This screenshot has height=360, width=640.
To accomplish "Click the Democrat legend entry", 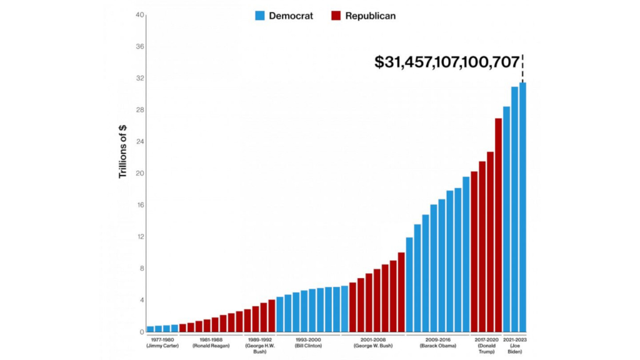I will click(x=284, y=16).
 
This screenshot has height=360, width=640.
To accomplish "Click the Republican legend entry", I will click(x=363, y=16).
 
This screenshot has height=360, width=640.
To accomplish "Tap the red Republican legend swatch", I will click(x=335, y=16).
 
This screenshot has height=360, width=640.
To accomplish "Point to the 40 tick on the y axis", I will click(x=140, y=15).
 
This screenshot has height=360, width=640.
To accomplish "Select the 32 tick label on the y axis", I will click(x=140, y=79).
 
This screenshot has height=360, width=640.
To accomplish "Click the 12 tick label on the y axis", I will click(x=140, y=237).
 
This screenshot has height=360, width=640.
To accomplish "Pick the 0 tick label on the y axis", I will click(x=142, y=332).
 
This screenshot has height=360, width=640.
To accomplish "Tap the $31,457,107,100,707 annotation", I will click(x=447, y=62).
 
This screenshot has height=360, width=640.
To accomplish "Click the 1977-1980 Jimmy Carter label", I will click(x=162, y=342).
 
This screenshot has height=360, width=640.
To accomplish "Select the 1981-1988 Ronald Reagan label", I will click(x=211, y=342).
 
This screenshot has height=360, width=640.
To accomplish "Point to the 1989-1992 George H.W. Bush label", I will click(x=259, y=346).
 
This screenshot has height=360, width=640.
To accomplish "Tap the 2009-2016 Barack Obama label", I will click(x=437, y=342).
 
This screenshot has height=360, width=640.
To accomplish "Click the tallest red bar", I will click(x=499, y=225).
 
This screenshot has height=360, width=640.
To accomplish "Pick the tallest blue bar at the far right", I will click(x=522, y=207).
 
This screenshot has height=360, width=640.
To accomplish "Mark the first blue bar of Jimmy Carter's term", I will click(x=151, y=329).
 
